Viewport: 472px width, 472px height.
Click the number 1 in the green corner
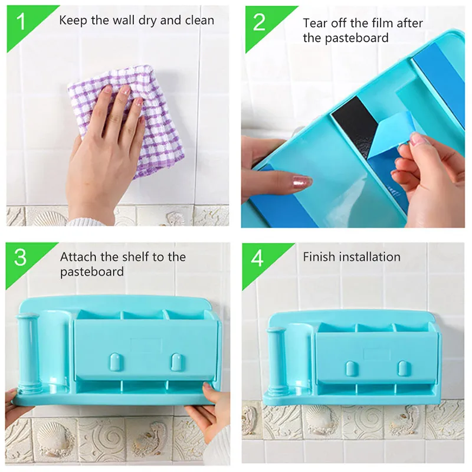coord(21,21)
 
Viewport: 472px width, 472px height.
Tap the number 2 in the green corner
coord(259,22)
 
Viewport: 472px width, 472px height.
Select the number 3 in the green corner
coord(20,258)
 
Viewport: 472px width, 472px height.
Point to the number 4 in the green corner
coord(257,258)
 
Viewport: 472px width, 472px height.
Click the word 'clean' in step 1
coord(199,20)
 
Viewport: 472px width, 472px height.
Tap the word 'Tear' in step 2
coord(316,23)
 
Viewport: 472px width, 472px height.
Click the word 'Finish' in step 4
coord(319,257)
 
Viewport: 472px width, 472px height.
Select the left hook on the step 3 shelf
coord(114,361)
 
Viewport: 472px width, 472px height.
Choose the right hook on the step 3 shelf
coord(176,361)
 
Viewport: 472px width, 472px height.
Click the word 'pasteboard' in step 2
coord(346,38)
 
